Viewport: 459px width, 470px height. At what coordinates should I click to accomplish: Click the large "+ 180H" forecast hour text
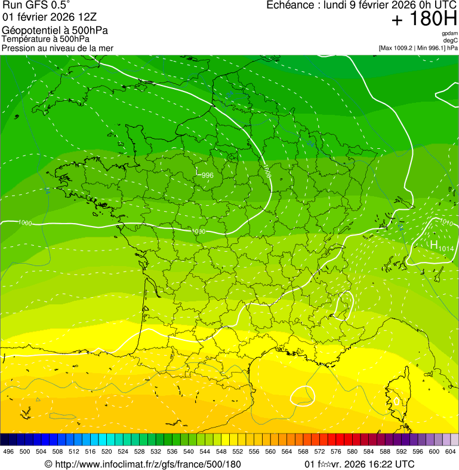[x=424, y=19]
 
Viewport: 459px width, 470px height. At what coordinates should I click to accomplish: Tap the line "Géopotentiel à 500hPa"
[x=55, y=30]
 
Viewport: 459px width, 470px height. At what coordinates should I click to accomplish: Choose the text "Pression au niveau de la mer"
[x=57, y=48]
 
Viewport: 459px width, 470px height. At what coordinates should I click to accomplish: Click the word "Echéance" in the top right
[x=288, y=5]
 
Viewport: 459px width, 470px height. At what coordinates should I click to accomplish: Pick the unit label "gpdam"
[x=449, y=33]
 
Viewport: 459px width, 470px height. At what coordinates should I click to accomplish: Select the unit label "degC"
[x=451, y=40]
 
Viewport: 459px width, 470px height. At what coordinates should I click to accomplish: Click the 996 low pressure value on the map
[x=207, y=175]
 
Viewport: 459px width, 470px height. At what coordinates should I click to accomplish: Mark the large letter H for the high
[x=434, y=245]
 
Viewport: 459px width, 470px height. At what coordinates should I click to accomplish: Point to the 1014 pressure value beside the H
[x=446, y=248]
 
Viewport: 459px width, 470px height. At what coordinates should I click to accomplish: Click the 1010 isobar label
[x=446, y=222]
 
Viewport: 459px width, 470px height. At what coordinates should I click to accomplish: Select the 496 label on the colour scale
[x=8, y=452]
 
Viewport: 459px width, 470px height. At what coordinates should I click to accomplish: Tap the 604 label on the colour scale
[x=450, y=452]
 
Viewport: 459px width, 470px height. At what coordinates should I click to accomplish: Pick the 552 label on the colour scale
[x=238, y=452]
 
